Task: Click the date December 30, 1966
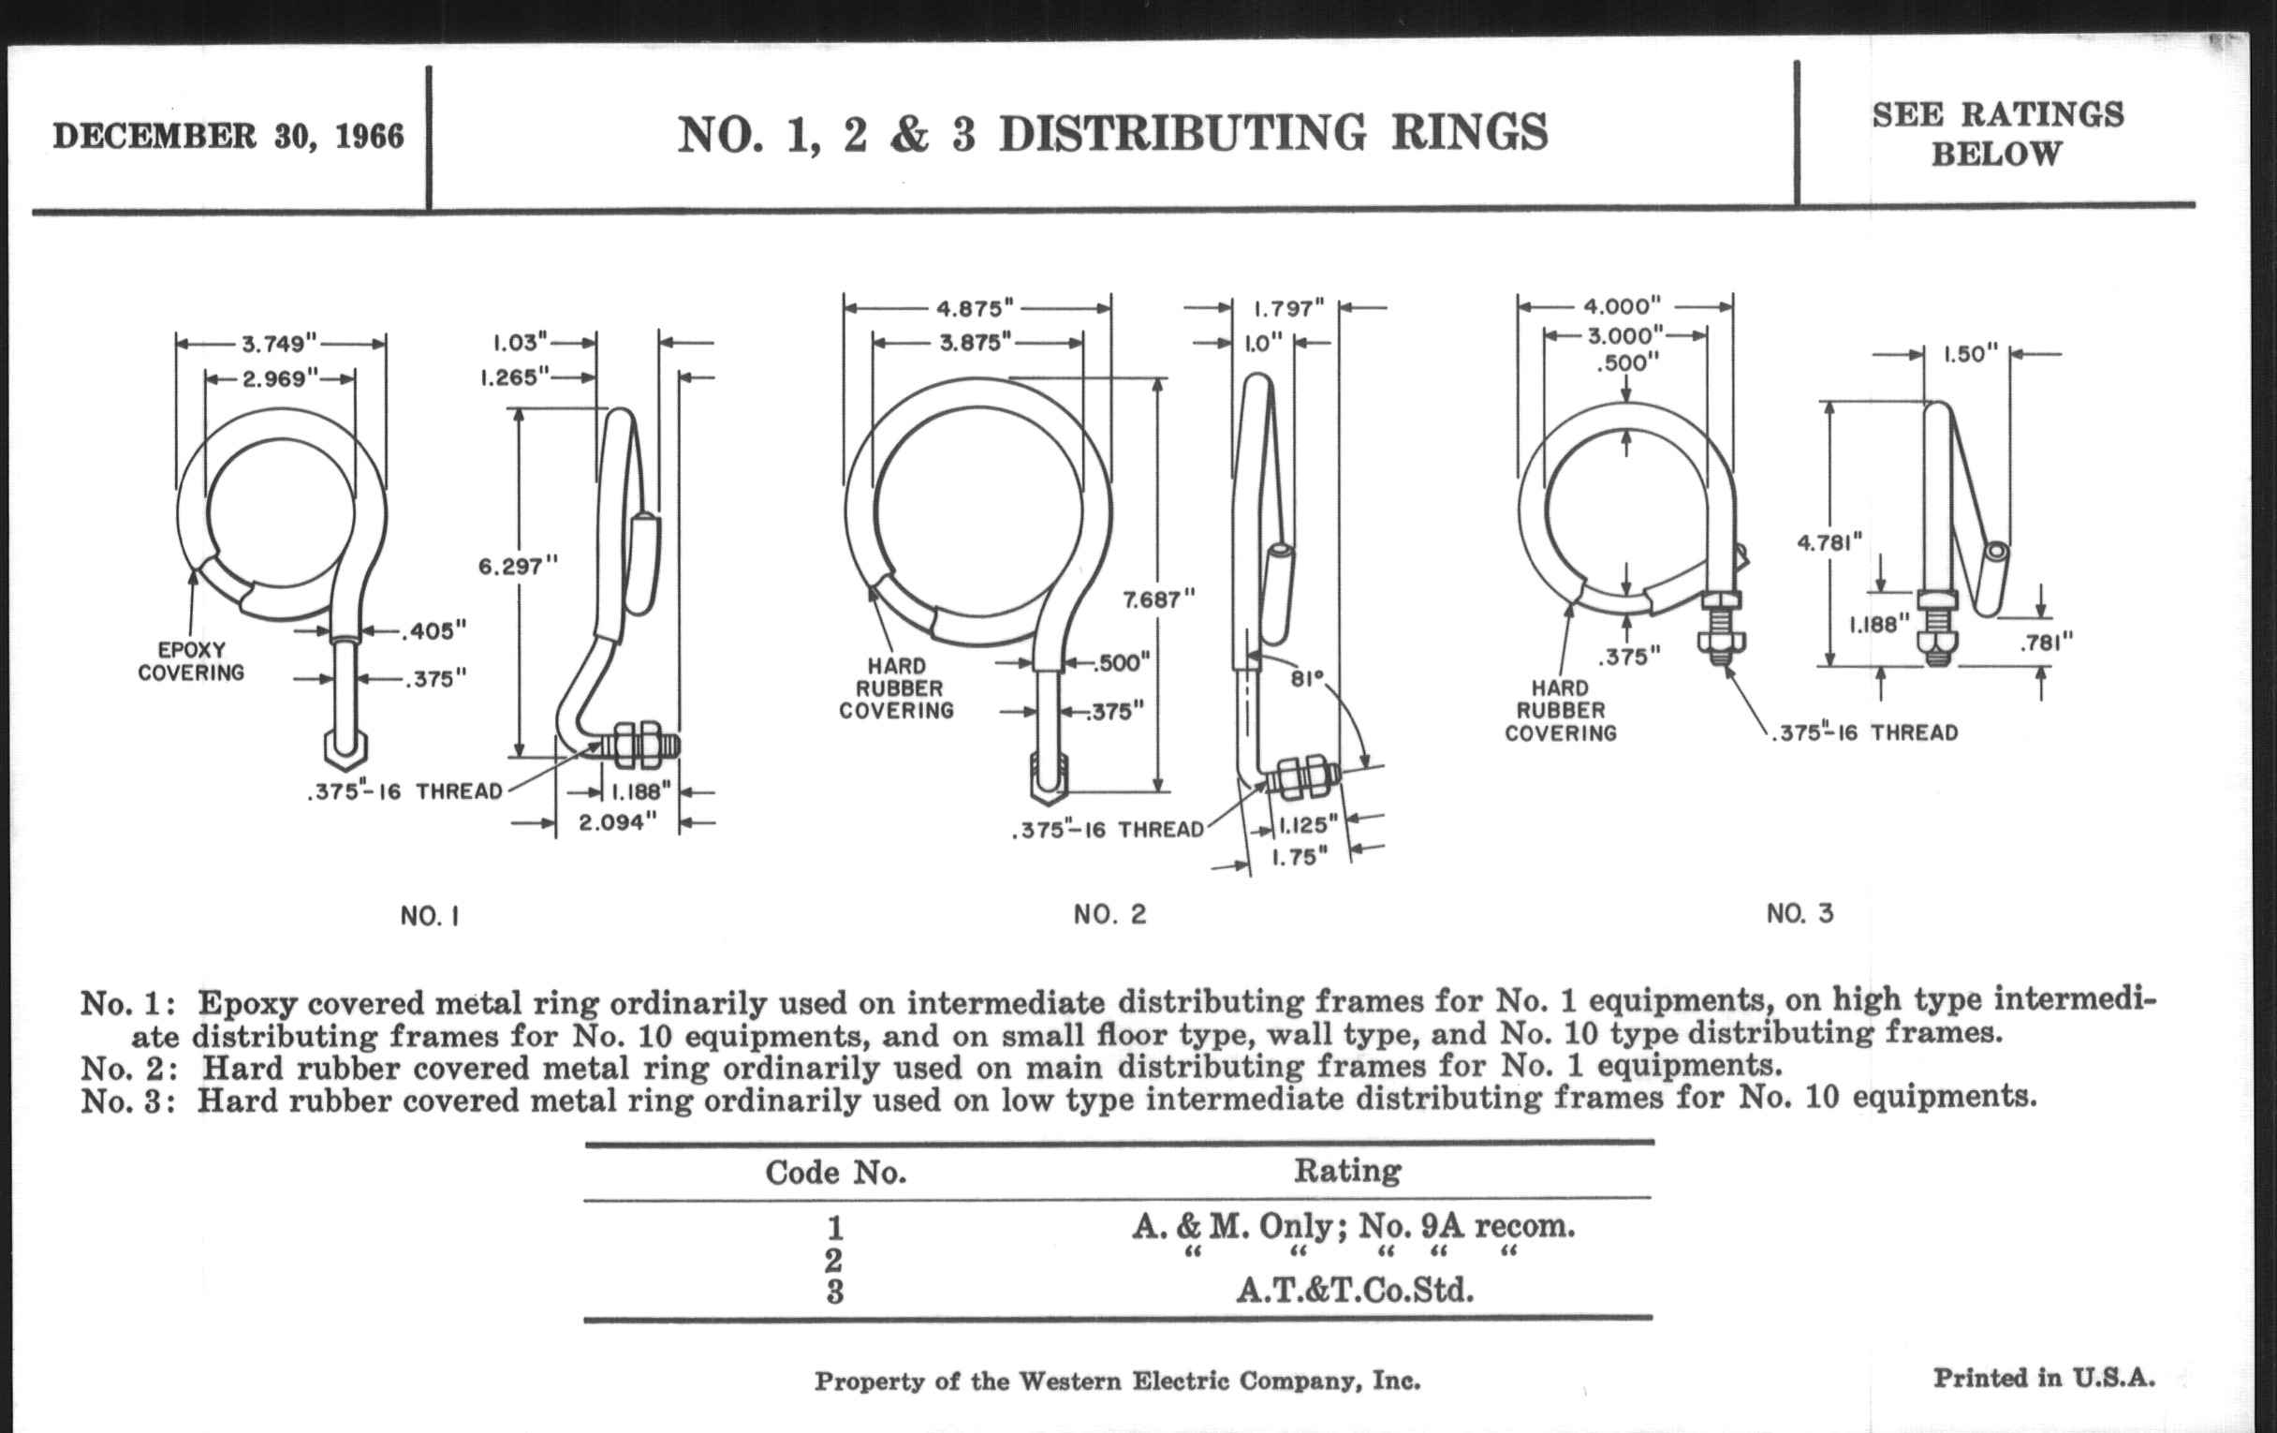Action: tap(228, 136)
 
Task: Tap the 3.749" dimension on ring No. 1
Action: tap(279, 343)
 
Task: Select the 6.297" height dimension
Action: tap(518, 567)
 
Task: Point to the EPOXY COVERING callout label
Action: tap(191, 661)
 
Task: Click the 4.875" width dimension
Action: tap(975, 308)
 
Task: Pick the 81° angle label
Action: tap(1308, 678)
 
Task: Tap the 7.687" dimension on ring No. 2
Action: tap(1158, 599)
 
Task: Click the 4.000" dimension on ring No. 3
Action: tap(1623, 306)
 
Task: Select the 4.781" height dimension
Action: tap(1829, 542)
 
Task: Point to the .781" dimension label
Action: tap(2047, 643)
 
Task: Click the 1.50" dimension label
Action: tap(1971, 355)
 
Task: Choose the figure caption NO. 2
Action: tap(1109, 915)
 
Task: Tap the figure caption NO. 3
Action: tap(1800, 914)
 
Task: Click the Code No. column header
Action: tap(836, 1173)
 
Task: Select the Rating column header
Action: tap(1347, 1171)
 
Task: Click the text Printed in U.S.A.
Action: tap(2044, 1378)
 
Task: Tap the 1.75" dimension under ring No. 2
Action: tap(1300, 857)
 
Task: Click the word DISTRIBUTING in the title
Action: tap(1182, 133)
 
